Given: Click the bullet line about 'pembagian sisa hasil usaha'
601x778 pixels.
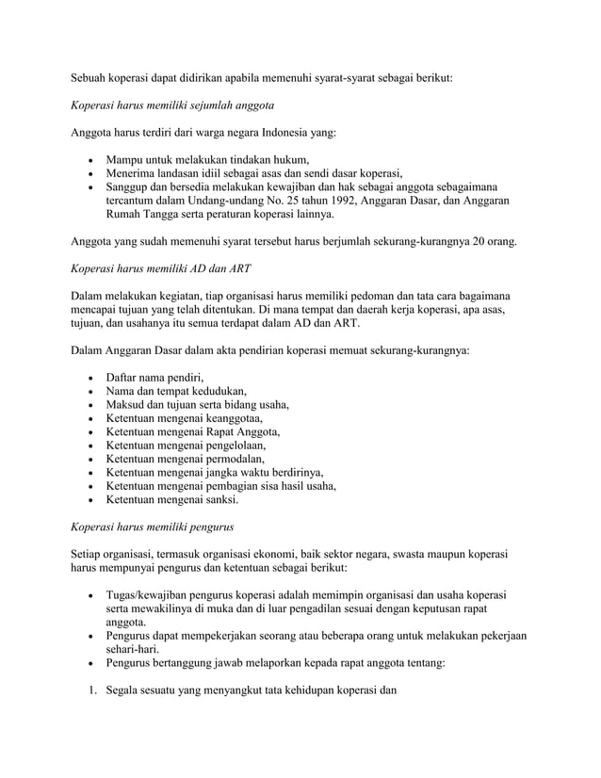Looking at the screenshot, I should click(x=220, y=486).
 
